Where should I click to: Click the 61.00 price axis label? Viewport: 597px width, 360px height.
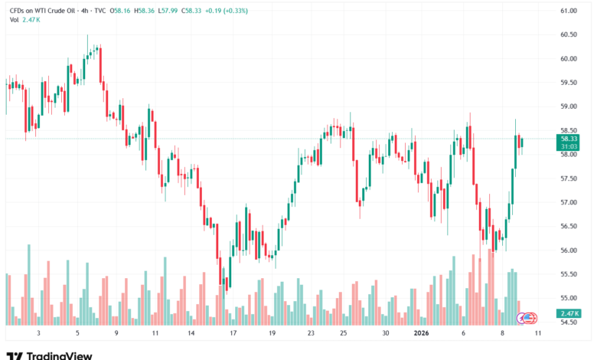(568, 11)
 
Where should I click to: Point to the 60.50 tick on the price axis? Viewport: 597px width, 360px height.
(568, 34)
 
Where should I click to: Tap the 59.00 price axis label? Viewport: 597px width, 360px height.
(568, 106)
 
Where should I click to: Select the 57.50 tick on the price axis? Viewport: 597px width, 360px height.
(568, 178)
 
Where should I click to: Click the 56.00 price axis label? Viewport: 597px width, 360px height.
(568, 250)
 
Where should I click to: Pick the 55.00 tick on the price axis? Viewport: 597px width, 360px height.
(568, 298)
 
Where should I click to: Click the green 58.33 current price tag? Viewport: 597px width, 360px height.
(569, 139)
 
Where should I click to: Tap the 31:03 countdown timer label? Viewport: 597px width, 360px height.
(569, 146)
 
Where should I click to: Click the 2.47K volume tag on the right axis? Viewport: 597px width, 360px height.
(569, 313)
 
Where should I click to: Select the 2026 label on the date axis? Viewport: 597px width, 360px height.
(423, 334)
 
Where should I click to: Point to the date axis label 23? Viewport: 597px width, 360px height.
(312, 334)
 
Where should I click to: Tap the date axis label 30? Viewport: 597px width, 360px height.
(387, 334)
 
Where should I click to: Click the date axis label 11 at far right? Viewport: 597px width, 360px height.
(539, 334)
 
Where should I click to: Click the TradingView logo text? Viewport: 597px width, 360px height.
(60, 355)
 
